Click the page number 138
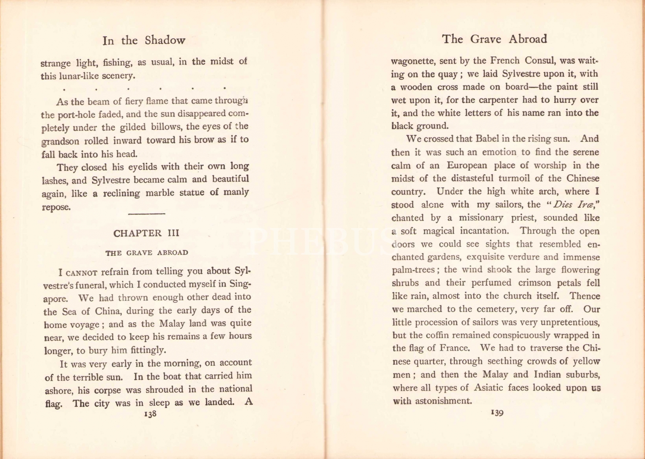point(150,414)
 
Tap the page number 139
point(497,413)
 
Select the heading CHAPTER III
point(146,233)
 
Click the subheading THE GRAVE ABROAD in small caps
point(147,253)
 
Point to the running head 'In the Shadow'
point(144,40)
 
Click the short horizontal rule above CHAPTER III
point(147,214)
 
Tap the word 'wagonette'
point(412,61)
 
